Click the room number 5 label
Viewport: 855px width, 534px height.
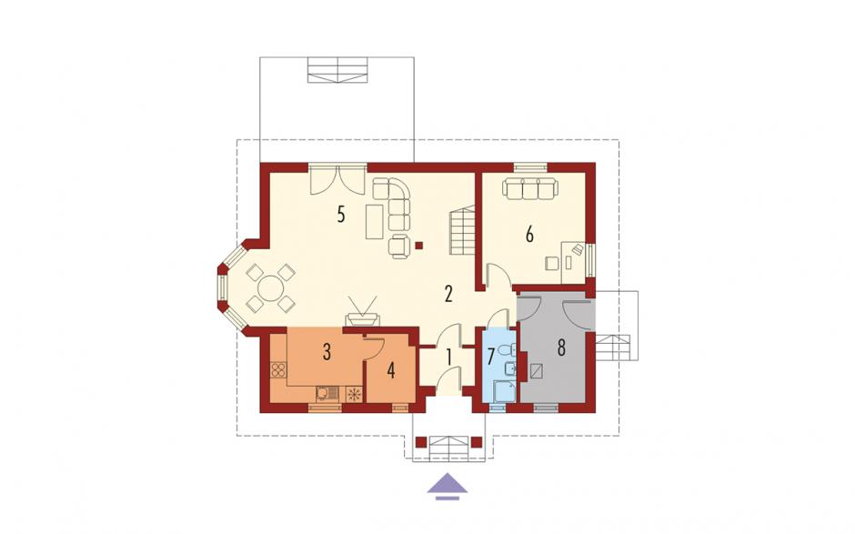tap(341, 215)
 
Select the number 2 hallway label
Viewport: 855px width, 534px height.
tap(448, 294)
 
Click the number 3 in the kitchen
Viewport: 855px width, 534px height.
tap(327, 352)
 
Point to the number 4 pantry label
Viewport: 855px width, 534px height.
tap(390, 370)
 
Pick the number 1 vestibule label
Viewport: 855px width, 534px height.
tap(449, 358)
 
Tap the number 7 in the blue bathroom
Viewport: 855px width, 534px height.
tap(489, 357)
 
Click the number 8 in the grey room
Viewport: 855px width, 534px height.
tap(561, 348)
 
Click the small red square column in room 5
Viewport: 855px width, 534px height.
tap(418, 246)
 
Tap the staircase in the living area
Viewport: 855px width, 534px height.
tap(462, 229)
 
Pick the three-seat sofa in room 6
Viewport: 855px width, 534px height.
tap(530, 188)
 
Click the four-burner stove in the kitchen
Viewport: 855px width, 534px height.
tap(278, 370)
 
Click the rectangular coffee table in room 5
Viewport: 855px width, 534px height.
tap(375, 221)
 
